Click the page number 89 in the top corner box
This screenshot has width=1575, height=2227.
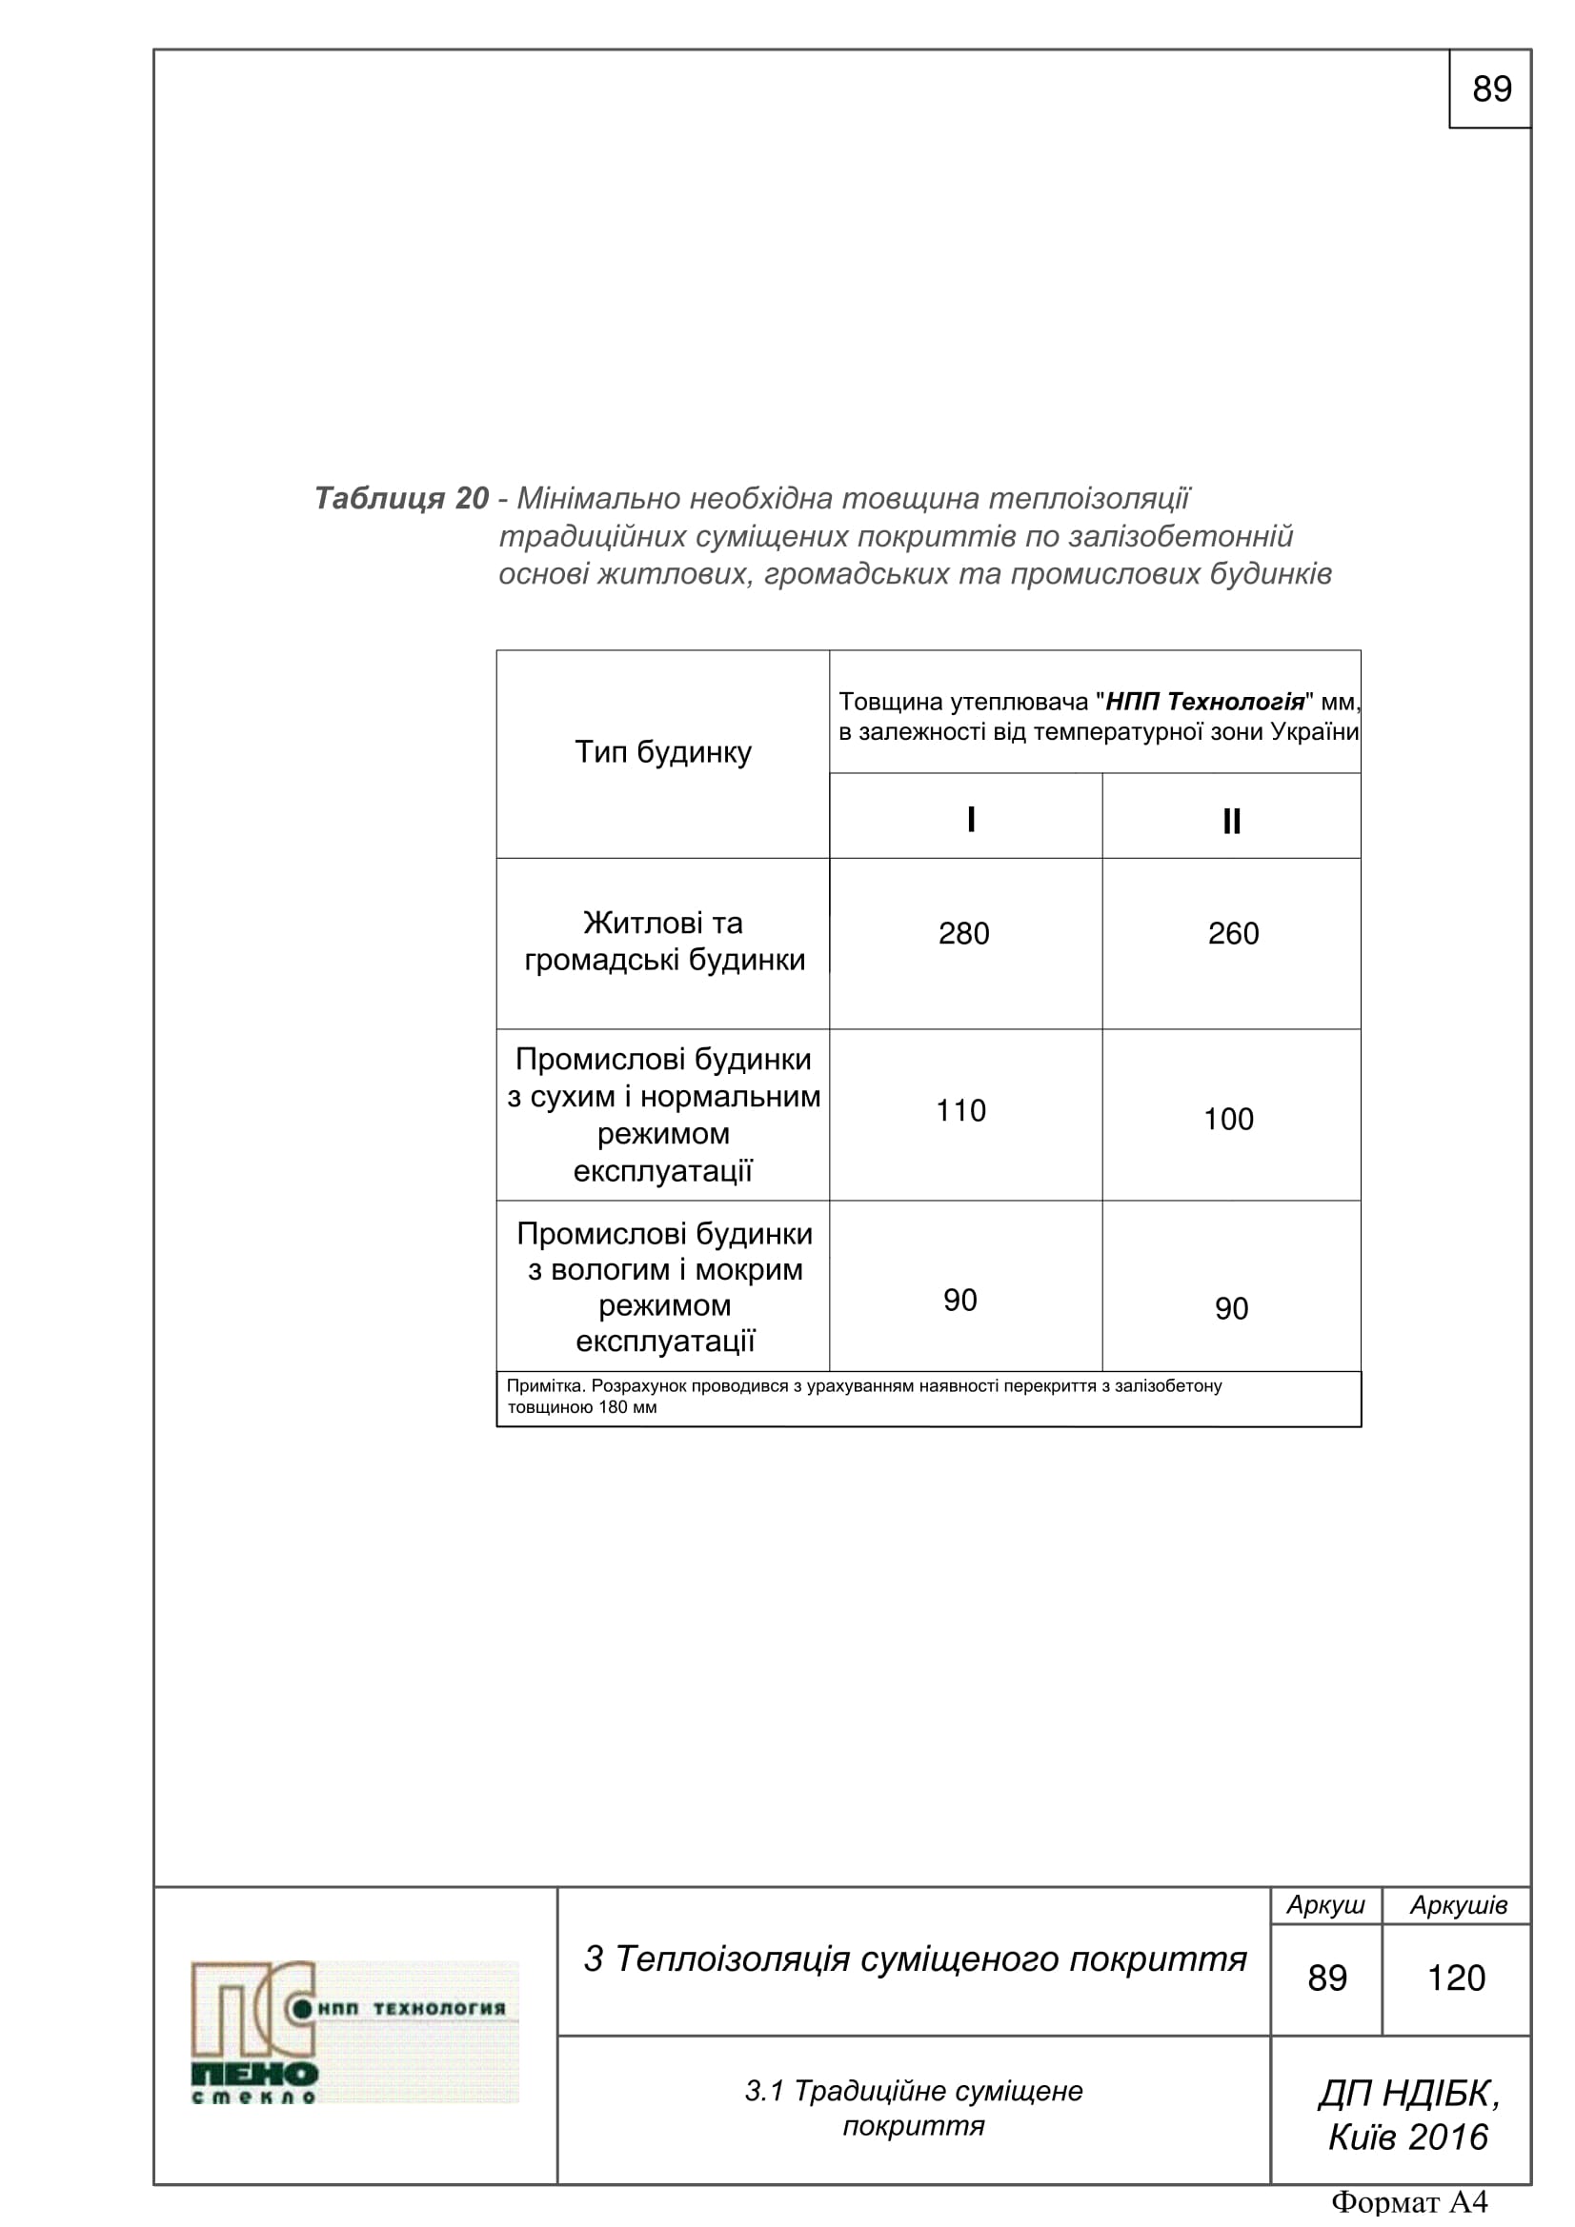pos(1490,89)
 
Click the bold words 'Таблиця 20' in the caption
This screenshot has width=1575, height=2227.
pos(401,499)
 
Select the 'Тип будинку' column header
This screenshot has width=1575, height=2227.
pos(663,753)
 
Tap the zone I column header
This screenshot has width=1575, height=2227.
pos(970,820)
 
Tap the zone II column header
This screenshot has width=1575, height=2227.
pos(1230,822)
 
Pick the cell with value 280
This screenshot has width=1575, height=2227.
pos(963,933)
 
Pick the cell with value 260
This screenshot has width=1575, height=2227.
pos(1232,933)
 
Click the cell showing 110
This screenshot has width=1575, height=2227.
pos(960,1110)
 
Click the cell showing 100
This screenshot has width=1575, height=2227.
pos(1228,1120)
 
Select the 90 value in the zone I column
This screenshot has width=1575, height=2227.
pos(959,1300)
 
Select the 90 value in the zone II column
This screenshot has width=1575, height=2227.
pos(1230,1308)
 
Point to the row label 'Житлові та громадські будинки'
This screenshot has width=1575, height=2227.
pos(664,941)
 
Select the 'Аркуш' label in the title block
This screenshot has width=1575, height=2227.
pos(1324,1905)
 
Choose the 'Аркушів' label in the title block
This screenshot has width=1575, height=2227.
pos(1458,1905)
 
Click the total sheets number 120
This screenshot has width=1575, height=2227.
pos(1456,1978)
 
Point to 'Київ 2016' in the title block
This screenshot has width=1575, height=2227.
pos(1407,2138)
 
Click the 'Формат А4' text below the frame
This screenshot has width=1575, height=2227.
pos(1409,2203)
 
